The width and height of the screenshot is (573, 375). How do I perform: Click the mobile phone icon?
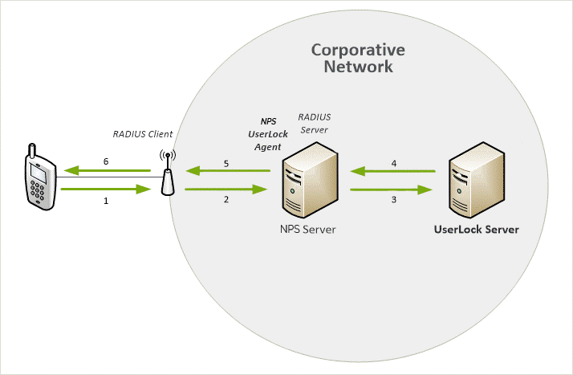[x=40, y=177]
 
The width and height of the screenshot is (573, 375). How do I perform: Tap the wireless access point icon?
[x=168, y=173]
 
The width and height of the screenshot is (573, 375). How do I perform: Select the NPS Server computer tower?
[x=310, y=180]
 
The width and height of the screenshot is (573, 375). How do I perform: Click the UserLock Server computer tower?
[x=477, y=180]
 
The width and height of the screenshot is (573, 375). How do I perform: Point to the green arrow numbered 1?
[x=106, y=189]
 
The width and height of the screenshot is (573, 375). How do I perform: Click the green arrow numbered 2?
[x=226, y=190]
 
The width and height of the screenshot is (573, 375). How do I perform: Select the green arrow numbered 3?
[x=392, y=190]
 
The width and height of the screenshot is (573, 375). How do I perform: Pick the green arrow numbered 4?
[x=393, y=171]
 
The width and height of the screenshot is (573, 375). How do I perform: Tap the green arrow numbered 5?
[x=228, y=170]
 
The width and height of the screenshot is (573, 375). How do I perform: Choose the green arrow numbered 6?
[x=107, y=170]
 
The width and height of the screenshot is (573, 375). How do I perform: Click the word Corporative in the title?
[x=358, y=50]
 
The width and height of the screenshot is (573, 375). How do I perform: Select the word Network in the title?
[x=358, y=67]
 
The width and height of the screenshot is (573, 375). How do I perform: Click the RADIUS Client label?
[x=143, y=134]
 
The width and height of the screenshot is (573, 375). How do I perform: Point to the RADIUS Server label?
[x=315, y=124]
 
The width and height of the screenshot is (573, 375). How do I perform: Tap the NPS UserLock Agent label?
[x=268, y=134]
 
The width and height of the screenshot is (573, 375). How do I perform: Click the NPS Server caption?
[x=307, y=230]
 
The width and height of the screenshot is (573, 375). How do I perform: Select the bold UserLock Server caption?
[x=476, y=230]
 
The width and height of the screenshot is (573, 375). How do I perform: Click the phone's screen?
[x=39, y=173]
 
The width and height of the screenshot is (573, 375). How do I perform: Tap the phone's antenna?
[x=32, y=150]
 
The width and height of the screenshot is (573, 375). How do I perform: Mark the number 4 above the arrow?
[x=393, y=163]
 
